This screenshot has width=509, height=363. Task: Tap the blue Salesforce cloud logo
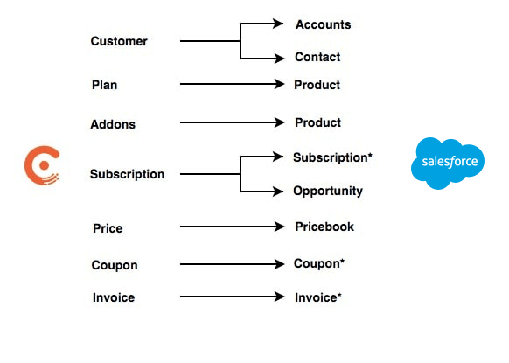(448, 164)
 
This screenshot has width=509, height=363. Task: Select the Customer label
(119, 41)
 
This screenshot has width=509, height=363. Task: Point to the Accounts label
(323, 24)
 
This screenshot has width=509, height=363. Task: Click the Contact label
(317, 58)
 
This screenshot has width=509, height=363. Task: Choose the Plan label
(104, 85)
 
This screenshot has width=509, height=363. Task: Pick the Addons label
(113, 124)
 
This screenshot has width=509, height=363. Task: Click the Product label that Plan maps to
(317, 85)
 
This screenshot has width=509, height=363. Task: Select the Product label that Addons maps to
(317, 122)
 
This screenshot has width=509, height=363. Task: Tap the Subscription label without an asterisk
(127, 174)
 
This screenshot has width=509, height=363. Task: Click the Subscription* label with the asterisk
(332, 157)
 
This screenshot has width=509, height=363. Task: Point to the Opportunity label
(328, 191)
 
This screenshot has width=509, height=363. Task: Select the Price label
(108, 228)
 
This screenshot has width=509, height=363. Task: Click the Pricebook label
(324, 227)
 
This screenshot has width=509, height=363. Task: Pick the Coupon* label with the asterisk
(319, 263)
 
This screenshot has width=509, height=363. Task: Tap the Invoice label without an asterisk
(114, 297)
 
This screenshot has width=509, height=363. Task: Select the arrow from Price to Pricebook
(232, 227)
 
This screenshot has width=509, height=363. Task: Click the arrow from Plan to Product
(232, 85)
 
